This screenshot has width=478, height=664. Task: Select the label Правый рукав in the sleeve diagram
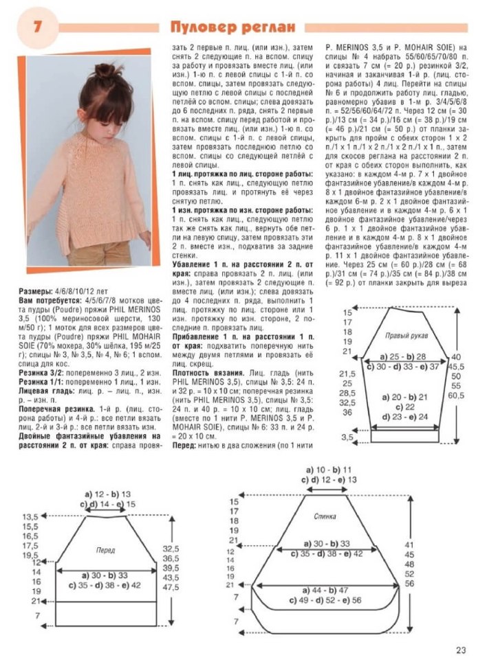pos(406,334)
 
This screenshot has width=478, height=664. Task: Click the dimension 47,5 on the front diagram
pos(171,587)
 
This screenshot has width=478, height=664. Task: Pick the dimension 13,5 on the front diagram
pos(30,516)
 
